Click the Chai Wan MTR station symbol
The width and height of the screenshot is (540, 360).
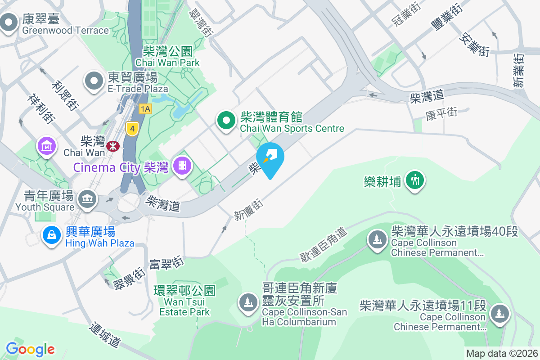tap(112, 145)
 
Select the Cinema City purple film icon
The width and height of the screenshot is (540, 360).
tap(182, 166)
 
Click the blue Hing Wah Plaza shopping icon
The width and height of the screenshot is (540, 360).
tap(52, 235)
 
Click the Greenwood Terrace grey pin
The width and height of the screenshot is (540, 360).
tap(9, 22)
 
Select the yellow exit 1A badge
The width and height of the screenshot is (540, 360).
tap(145, 109)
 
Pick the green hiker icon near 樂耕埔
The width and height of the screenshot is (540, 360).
tap(414, 180)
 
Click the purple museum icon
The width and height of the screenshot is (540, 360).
tap(47, 146)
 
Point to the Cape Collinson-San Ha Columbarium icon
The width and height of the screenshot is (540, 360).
tap(247, 302)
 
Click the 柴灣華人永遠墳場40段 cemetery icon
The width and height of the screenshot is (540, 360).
tap(377, 238)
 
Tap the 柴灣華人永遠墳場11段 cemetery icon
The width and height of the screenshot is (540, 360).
tap(499, 313)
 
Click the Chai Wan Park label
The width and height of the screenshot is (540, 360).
tap(167, 57)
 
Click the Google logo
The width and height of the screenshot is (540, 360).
tap(30, 349)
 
